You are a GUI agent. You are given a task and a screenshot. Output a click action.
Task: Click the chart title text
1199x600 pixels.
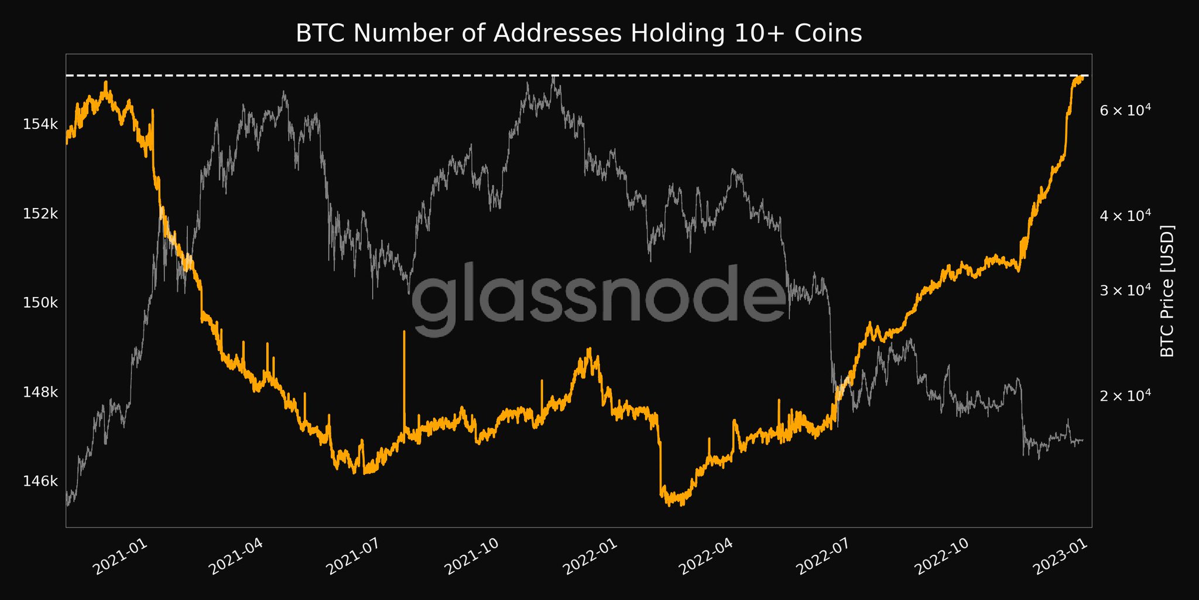click(x=578, y=34)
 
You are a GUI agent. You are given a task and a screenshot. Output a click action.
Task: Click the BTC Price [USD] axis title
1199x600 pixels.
click(x=1167, y=291)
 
